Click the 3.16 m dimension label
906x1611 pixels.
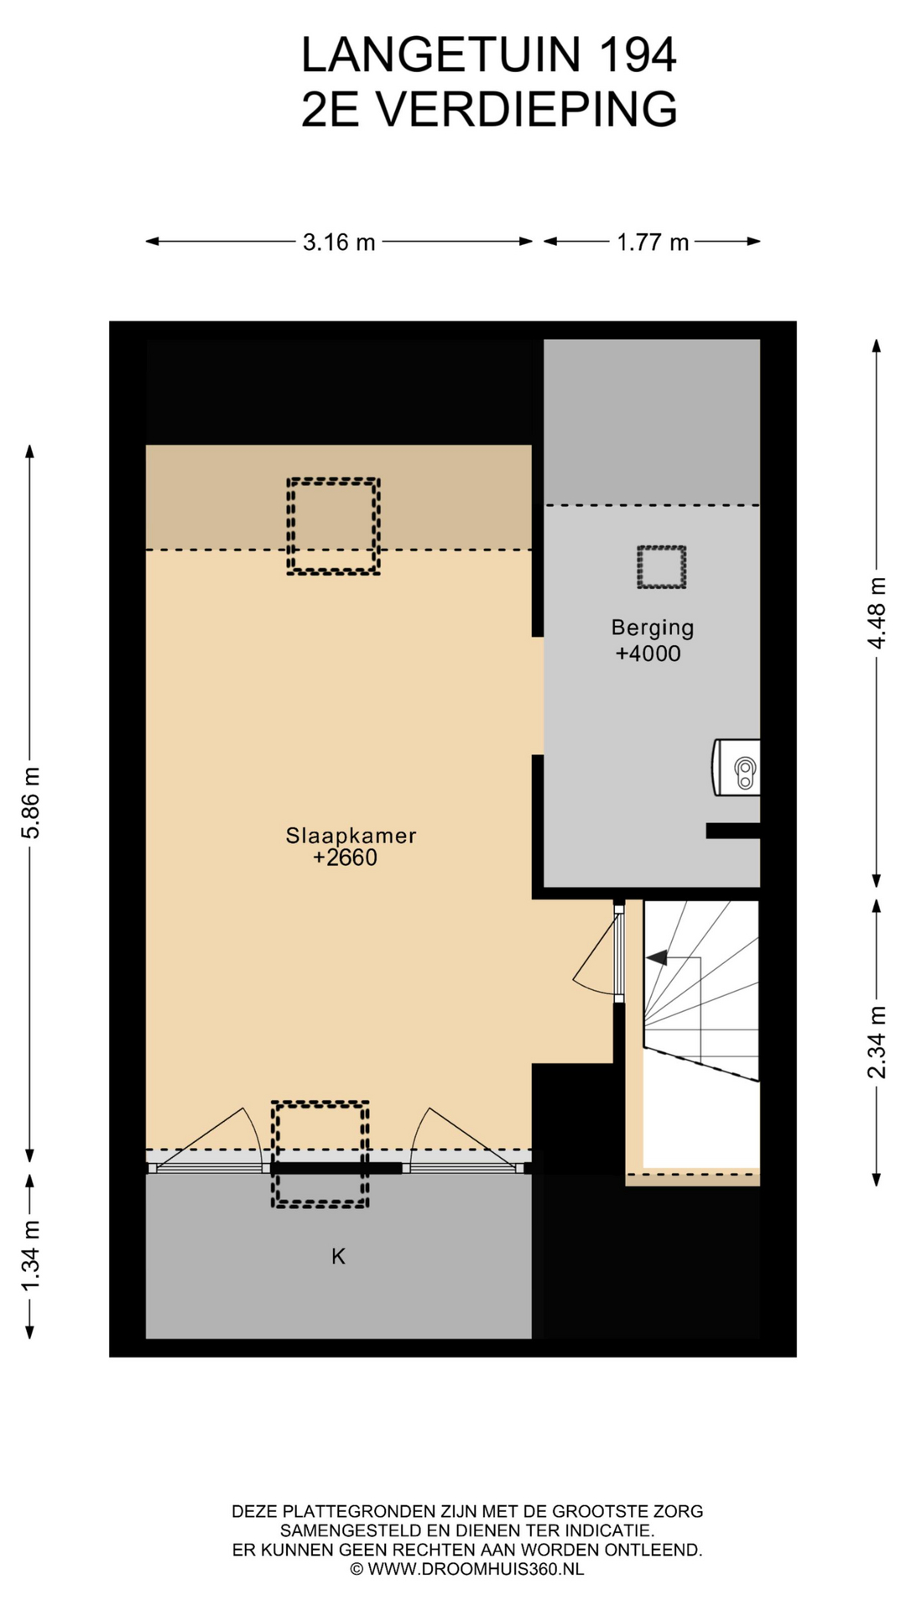click(x=339, y=242)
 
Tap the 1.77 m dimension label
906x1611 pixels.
click(x=653, y=242)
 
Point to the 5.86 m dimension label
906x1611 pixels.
click(x=31, y=802)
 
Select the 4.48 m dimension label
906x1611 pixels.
click(x=877, y=613)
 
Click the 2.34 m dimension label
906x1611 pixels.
click(x=877, y=1041)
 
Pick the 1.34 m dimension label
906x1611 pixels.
click(x=31, y=1256)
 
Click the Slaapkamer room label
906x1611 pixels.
click(x=351, y=836)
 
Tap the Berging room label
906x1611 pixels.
click(x=653, y=628)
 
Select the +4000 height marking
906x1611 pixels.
click(x=648, y=654)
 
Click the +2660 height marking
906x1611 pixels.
click(x=345, y=858)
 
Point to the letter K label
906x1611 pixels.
click(x=338, y=1256)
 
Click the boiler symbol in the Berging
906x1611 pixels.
click(x=737, y=767)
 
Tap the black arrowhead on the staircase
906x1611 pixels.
click(x=656, y=957)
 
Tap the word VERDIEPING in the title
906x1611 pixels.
click(x=526, y=109)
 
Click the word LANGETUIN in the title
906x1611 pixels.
click(x=441, y=55)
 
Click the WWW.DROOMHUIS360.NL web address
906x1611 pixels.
click(x=476, y=1569)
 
